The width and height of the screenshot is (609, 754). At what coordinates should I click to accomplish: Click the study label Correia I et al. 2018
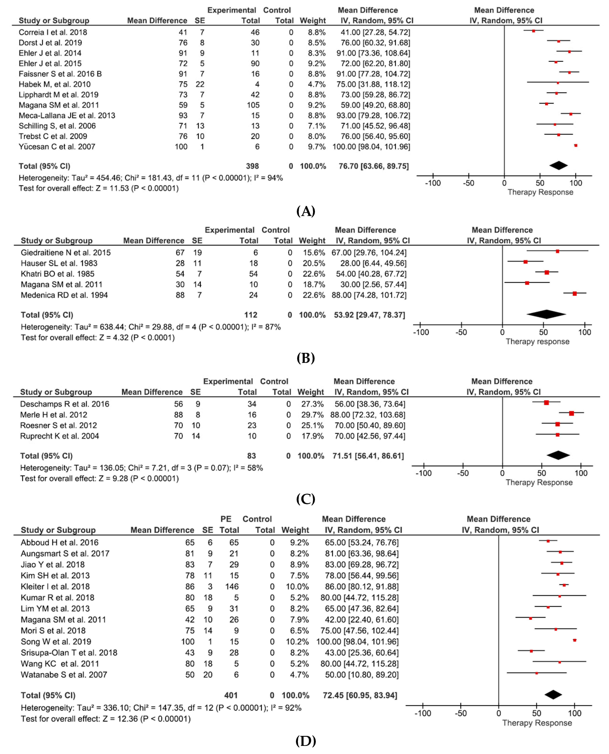click(x=53, y=32)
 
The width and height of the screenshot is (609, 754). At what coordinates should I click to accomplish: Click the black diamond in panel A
click(x=558, y=165)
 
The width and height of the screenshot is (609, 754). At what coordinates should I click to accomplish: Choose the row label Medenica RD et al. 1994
click(x=64, y=295)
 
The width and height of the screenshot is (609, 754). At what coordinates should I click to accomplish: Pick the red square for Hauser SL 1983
click(x=525, y=262)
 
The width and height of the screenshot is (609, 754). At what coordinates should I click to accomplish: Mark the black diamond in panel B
click(x=546, y=314)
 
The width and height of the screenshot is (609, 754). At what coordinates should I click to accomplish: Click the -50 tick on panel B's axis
click(x=461, y=332)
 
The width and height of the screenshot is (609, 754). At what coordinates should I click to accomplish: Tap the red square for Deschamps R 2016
click(x=546, y=403)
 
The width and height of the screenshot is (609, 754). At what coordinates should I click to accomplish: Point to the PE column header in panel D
click(x=226, y=519)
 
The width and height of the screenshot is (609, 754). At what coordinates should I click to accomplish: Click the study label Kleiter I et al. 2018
click(x=55, y=587)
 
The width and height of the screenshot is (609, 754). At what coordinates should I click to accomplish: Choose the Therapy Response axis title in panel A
click(x=540, y=192)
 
